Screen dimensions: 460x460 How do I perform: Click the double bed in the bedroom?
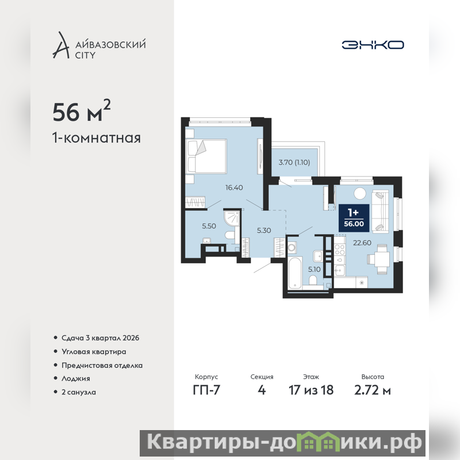(206, 156)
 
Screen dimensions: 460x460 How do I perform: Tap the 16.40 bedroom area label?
(234, 187)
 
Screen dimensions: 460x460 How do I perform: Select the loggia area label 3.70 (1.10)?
(294, 162)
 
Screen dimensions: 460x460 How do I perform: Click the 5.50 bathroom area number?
(209, 226)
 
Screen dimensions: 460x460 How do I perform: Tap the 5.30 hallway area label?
(264, 231)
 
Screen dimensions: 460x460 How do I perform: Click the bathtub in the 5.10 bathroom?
(295, 273)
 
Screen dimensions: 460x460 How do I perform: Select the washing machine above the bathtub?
(292, 247)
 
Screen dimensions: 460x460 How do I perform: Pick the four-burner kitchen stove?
(340, 250)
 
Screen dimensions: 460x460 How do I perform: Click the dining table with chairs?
(379, 259)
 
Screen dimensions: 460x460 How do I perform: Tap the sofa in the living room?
(380, 212)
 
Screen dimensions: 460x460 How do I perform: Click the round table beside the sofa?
(360, 194)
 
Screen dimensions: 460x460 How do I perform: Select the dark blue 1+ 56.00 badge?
(354, 218)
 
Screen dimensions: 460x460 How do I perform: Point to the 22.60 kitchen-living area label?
(362, 243)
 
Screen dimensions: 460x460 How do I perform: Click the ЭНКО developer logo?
(373, 45)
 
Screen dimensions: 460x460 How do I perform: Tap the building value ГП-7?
(206, 390)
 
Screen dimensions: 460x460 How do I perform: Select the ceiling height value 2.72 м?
(373, 390)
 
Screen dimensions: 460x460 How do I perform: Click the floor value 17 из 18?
(311, 390)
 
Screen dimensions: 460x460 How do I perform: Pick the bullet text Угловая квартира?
(94, 352)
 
